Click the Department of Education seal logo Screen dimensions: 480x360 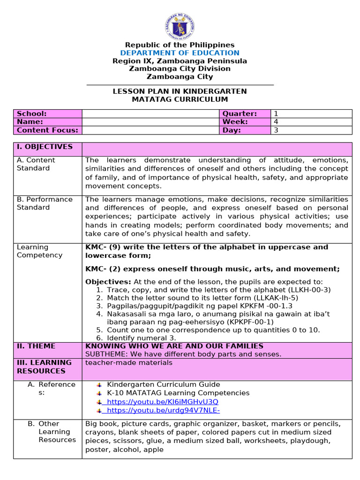pyautogui.click(x=180, y=26)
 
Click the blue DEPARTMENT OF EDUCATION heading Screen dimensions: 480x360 pyautogui.click(x=180, y=53)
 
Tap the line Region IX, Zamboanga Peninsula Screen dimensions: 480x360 pyautogui.click(x=180, y=61)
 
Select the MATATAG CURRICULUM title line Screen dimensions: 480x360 pyautogui.click(x=180, y=99)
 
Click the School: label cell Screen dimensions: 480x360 pyautogui.click(x=32, y=114)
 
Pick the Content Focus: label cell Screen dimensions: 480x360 pyautogui.click(x=47, y=130)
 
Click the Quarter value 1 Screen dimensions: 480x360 pyautogui.click(x=276, y=114)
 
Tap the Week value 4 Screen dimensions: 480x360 pyautogui.click(x=276, y=122)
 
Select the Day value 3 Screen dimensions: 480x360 pyautogui.click(x=276, y=130)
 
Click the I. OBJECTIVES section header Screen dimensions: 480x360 pyautogui.click(x=45, y=147)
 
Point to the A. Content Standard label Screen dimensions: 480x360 pyautogui.click(x=36, y=164)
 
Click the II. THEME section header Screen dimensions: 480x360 pyautogui.click(x=36, y=346)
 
